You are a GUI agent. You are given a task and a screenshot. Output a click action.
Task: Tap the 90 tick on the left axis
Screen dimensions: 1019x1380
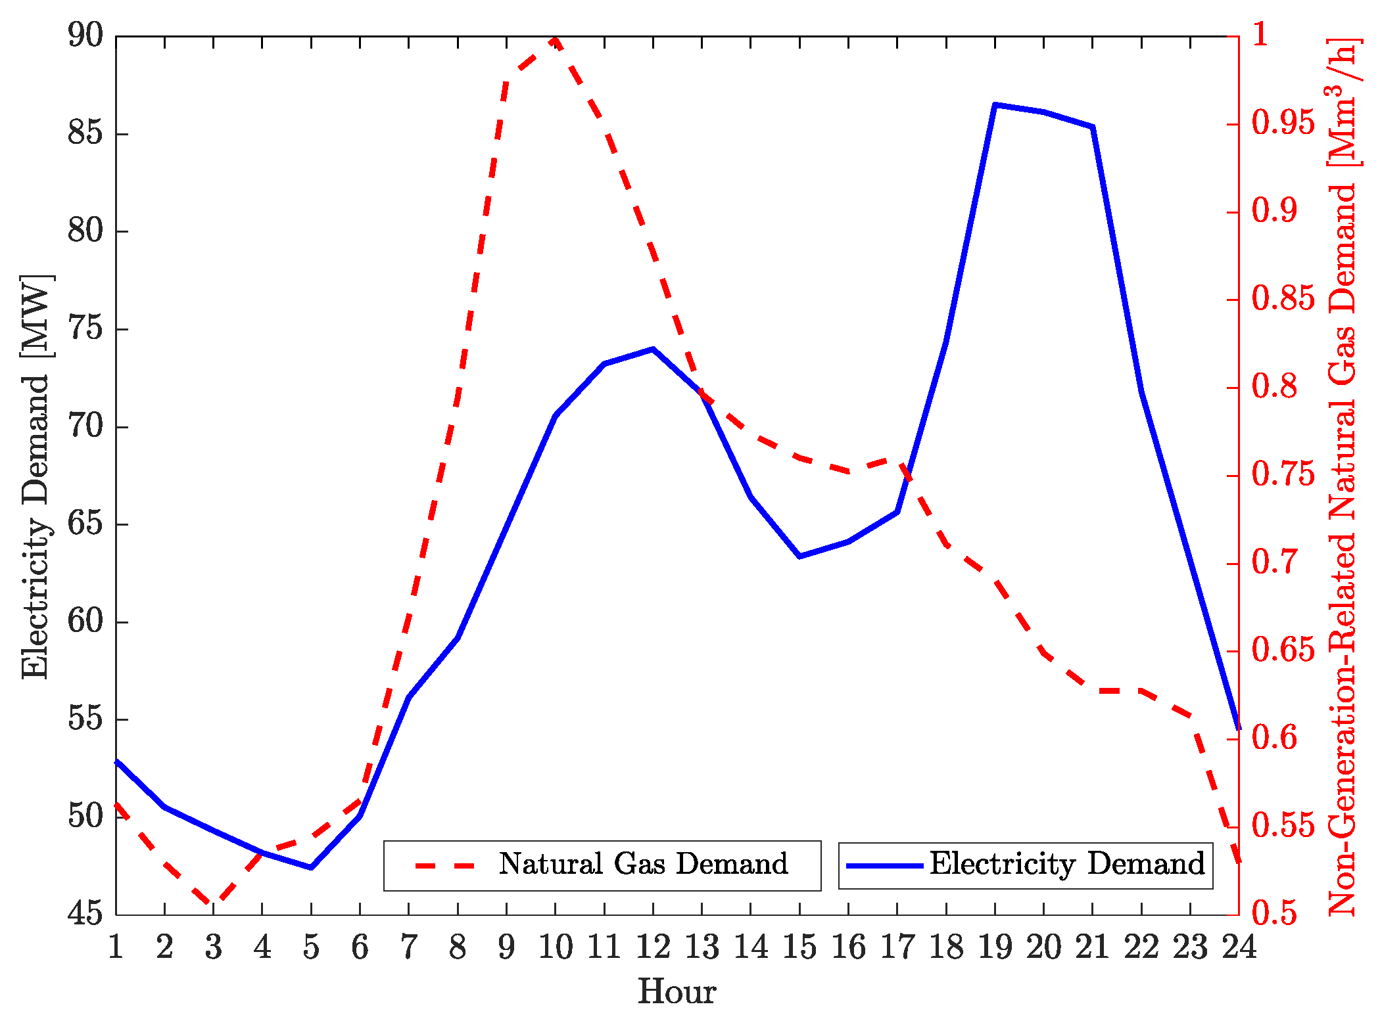[85, 35]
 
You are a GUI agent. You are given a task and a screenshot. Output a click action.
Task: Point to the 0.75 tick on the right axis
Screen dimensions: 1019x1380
[1283, 475]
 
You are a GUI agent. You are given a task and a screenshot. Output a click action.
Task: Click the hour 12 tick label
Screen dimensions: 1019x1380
[653, 947]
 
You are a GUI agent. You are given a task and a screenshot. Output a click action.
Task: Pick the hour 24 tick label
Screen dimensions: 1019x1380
[1239, 947]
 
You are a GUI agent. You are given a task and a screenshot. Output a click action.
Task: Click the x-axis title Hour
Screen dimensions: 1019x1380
[677, 991]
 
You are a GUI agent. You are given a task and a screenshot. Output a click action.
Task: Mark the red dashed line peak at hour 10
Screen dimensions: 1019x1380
[556, 39]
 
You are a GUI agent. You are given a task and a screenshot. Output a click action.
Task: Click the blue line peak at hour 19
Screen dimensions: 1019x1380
[995, 104]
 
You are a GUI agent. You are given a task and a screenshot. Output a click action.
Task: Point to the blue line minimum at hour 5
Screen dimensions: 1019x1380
[311, 867]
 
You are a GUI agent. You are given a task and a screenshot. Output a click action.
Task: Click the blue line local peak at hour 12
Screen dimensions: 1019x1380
[653, 349]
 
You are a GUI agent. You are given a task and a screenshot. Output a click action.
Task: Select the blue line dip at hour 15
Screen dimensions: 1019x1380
[799, 556]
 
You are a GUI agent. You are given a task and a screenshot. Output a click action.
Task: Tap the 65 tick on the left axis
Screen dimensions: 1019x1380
[85, 524]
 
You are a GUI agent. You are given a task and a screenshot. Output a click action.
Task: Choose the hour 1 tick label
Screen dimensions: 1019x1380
[116, 947]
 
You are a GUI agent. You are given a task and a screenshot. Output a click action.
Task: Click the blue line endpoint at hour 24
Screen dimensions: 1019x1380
[1238, 728]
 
